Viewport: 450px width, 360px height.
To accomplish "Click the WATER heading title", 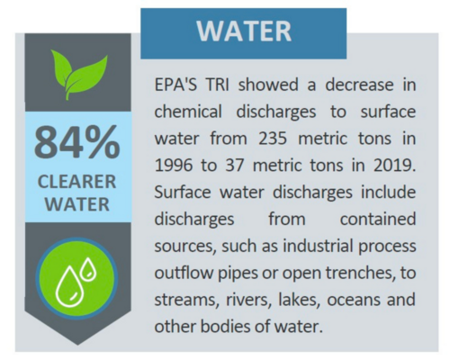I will [x=244, y=32].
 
